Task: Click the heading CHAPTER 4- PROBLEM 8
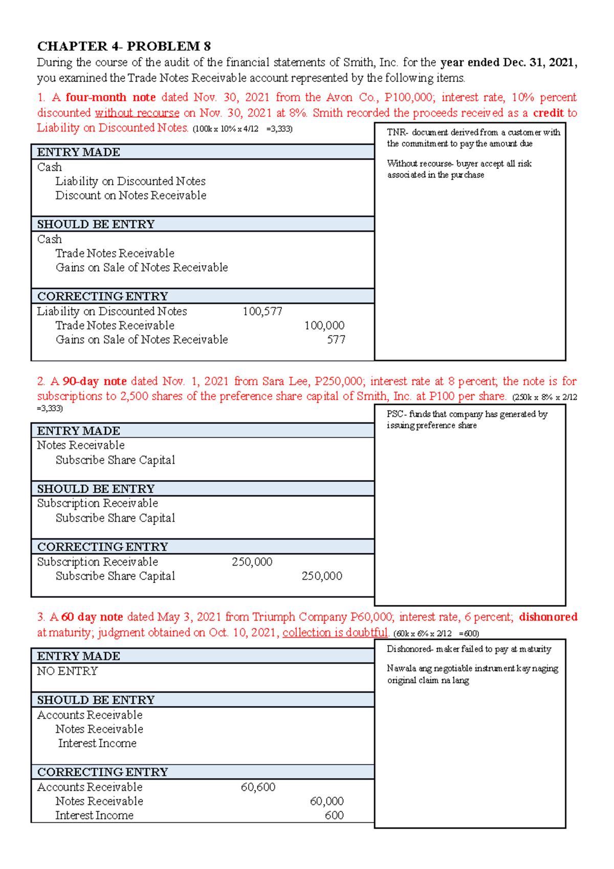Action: click(124, 46)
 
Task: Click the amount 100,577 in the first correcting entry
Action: click(262, 311)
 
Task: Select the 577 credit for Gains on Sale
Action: click(336, 339)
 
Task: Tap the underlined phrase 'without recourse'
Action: click(137, 113)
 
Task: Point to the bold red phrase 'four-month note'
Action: click(111, 97)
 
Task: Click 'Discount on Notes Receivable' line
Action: click(130, 195)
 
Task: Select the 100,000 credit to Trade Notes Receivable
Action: click(324, 325)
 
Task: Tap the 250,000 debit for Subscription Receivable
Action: click(252, 562)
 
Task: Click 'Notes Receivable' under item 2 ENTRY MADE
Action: click(80, 445)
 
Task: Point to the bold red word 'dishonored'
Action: click(547, 617)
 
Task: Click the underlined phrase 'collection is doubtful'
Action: click(335, 633)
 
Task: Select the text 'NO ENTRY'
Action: click(67, 671)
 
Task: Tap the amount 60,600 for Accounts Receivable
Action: click(258, 787)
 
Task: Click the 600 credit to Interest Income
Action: click(334, 815)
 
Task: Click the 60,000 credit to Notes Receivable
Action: click(326, 801)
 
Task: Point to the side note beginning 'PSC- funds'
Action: click(466, 420)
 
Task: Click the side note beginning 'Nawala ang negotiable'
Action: click(472, 674)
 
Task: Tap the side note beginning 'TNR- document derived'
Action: click(473, 138)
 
